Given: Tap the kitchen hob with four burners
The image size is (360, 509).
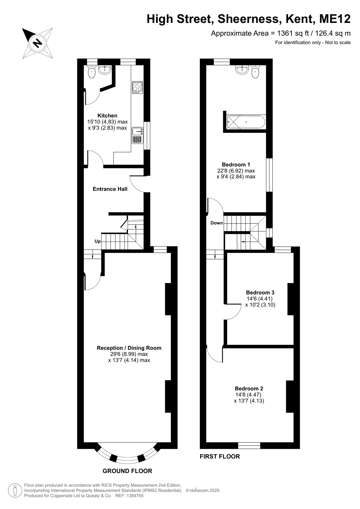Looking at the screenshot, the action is tap(138, 87).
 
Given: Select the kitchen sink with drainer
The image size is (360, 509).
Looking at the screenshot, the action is tap(138, 135).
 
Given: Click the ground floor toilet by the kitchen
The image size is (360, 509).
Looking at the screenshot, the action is tap(92, 72).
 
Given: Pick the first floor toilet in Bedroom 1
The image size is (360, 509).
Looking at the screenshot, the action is tap(255, 72).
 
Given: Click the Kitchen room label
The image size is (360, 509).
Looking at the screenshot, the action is tap(107, 116).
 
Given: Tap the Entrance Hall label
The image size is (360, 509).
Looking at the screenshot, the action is tap(110, 189).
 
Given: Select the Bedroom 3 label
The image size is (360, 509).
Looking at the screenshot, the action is tap(260, 292).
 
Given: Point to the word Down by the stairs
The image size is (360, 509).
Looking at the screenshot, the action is tap(216, 223).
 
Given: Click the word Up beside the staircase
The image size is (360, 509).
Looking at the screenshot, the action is tap(98, 241).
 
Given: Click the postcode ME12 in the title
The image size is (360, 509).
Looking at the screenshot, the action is tap(335, 19).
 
